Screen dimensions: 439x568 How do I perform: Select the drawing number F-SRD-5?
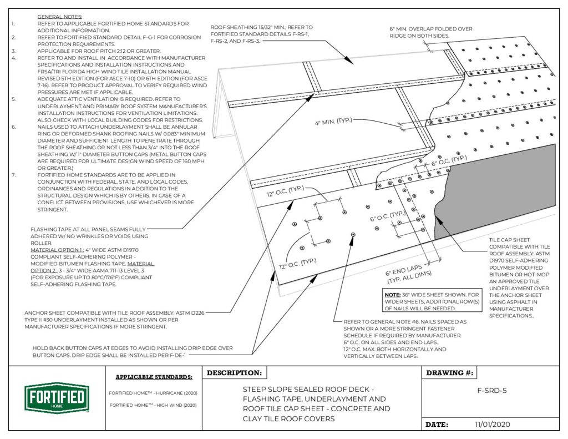(x=492, y=390)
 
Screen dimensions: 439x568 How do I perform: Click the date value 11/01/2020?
(x=493, y=424)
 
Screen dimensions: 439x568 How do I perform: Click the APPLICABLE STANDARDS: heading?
(x=154, y=377)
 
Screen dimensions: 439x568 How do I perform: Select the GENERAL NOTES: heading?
(x=59, y=18)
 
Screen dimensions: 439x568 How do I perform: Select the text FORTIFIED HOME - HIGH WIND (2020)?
(x=153, y=405)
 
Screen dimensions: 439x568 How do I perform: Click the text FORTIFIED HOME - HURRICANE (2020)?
(x=153, y=393)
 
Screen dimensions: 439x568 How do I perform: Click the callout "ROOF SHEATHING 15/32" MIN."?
(x=261, y=27)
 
